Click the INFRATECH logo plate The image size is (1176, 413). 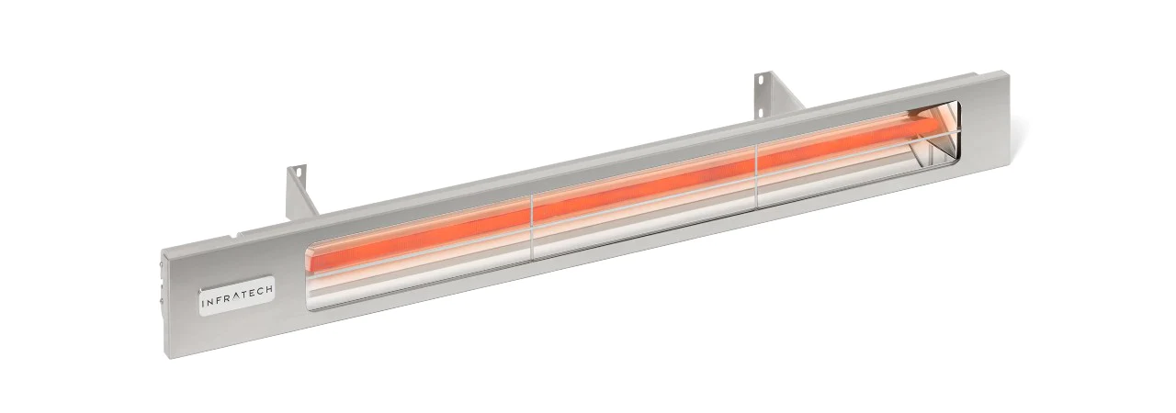point(237,296)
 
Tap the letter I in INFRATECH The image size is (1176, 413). point(204,303)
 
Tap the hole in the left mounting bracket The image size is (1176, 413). point(297,171)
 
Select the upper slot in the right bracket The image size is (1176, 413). point(759,80)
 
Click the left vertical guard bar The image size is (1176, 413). point(531,227)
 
